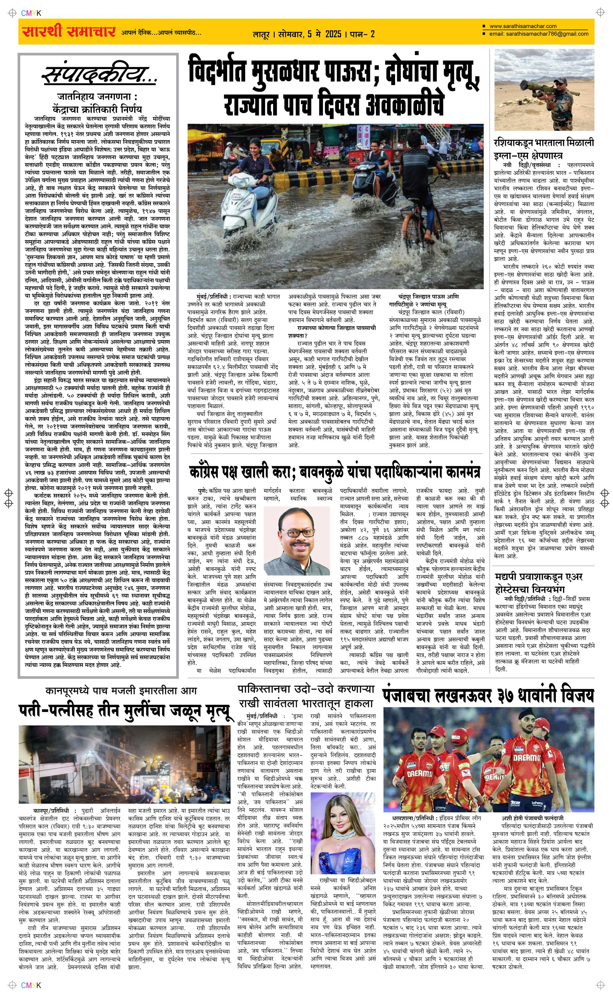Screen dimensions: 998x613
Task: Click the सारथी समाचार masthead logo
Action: click(69, 32)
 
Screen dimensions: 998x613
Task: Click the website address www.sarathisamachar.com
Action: click(523, 26)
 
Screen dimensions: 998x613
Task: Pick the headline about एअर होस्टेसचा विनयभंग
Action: click(538, 582)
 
